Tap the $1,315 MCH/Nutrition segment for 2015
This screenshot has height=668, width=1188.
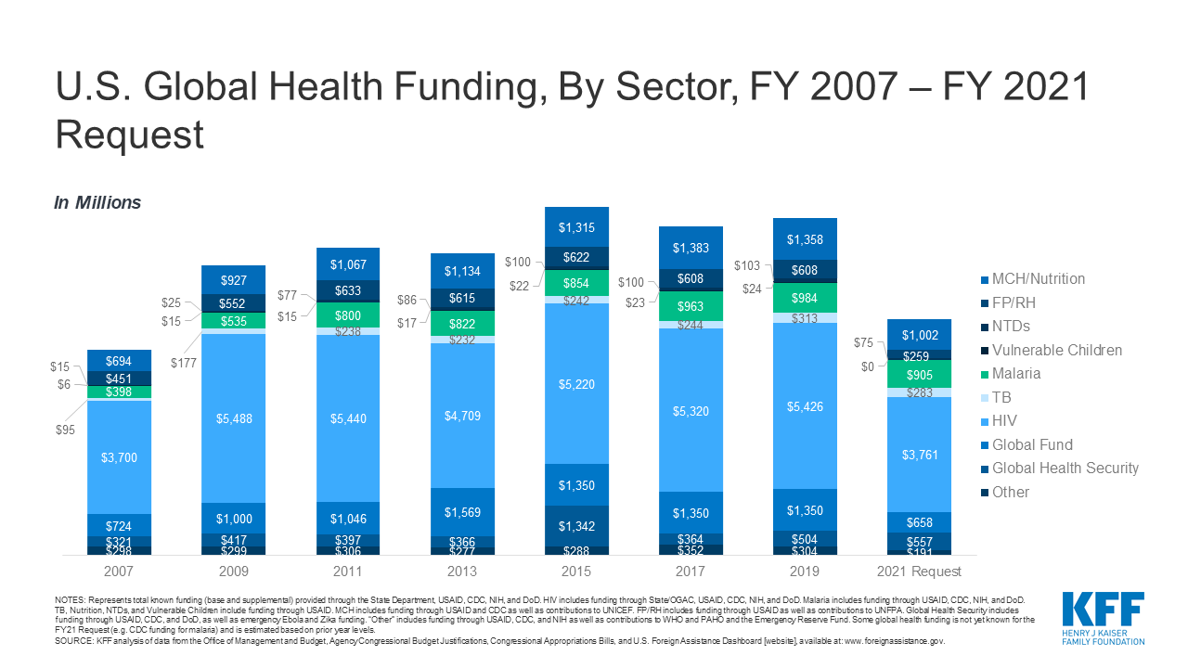click(x=575, y=227)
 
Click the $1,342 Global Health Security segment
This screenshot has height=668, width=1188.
click(x=575, y=526)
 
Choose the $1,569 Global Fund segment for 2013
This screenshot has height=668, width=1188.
click(x=460, y=512)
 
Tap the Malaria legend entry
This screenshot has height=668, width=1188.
click(x=1015, y=374)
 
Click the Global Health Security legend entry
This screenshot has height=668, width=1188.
click(x=1065, y=469)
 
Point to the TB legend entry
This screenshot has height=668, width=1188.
click(x=1002, y=397)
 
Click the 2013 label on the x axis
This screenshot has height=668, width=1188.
click(x=460, y=572)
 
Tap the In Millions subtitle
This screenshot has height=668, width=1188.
click(x=97, y=203)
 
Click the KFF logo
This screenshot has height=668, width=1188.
click(x=1103, y=614)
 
